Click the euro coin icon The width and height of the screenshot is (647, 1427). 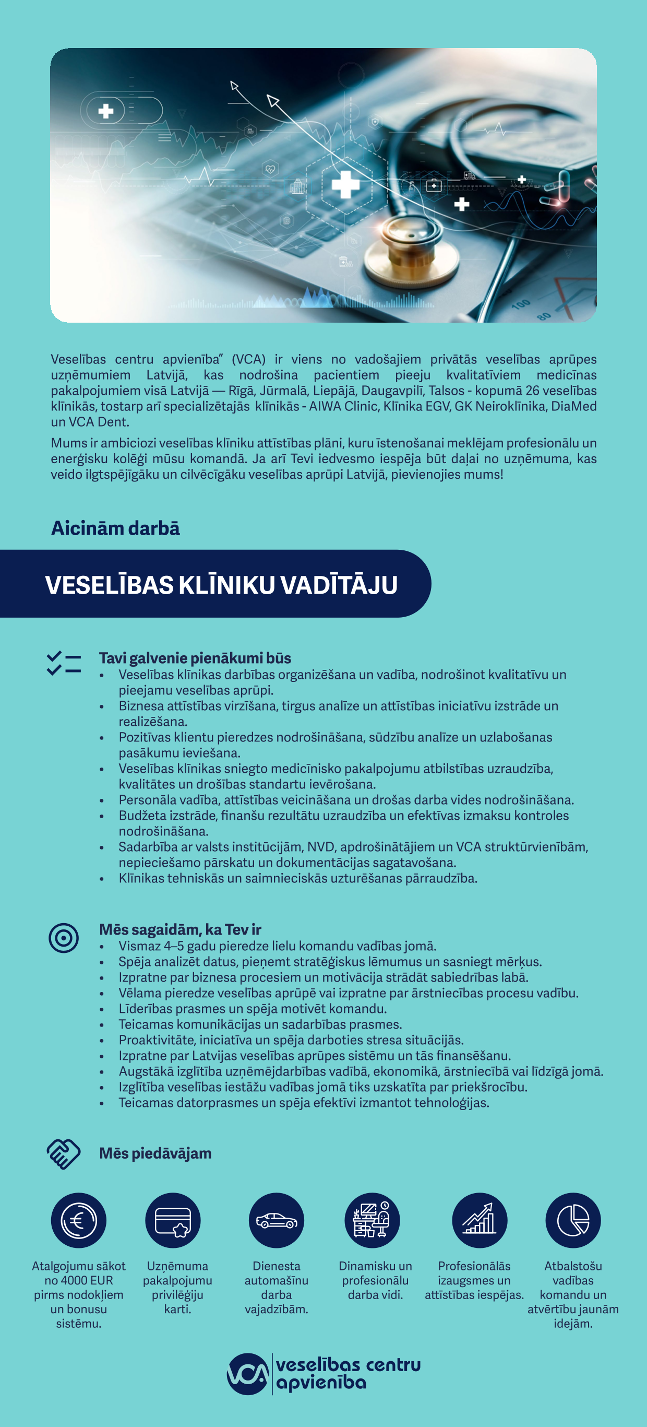click(x=79, y=1220)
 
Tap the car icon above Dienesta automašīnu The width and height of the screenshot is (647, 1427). click(x=276, y=1220)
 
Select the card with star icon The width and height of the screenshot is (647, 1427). click(x=173, y=1220)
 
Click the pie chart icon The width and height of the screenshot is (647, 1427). click(x=573, y=1220)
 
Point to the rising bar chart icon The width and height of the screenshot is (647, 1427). click(x=480, y=1220)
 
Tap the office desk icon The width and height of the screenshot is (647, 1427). click(x=372, y=1220)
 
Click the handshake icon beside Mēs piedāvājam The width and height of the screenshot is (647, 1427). click(x=64, y=1153)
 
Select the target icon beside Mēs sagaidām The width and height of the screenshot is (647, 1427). click(x=64, y=938)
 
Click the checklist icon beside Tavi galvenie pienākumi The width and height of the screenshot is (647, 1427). click(x=64, y=663)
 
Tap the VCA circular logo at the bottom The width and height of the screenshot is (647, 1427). click(x=247, y=1374)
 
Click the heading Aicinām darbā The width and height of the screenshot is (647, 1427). click(x=115, y=528)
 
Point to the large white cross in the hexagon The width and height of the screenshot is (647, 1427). click(x=346, y=185)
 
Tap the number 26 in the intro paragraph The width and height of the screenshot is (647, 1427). click(x=532, y=391)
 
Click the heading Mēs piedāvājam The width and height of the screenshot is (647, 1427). click(x=155, y=1153)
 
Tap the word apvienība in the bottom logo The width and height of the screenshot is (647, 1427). click(x=321, y=1383)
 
